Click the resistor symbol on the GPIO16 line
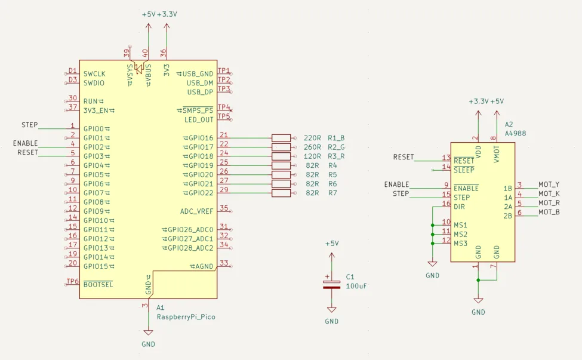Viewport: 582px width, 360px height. (x=281, y=138)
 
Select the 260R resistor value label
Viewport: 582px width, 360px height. (x=313, y=147)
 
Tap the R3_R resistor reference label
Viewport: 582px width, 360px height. (x=336, y=156)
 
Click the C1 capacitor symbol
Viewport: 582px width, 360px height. (x=331, y=284)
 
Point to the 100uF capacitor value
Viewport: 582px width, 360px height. (x=356, y=286)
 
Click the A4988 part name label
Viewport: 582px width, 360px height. (x=516, y=134)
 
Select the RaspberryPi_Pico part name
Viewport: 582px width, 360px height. (x=186, y=317)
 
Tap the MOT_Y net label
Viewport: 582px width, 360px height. (x=549, y=184)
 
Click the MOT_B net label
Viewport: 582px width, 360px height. (x=549, y=213)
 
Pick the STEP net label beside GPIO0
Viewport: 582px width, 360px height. (x=30, y=125)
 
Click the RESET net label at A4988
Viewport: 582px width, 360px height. (x=404, y=157)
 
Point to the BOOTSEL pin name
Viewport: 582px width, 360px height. (x=98, y=285)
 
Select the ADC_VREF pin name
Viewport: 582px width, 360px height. (x=197, y=211)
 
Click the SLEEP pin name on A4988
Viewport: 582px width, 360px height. (x=464, y=170)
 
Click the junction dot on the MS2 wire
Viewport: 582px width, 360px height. (x=432, y=235)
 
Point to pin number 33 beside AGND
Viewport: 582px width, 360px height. (x=224, y=263)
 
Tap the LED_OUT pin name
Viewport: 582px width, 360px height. (x=199, y=120)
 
